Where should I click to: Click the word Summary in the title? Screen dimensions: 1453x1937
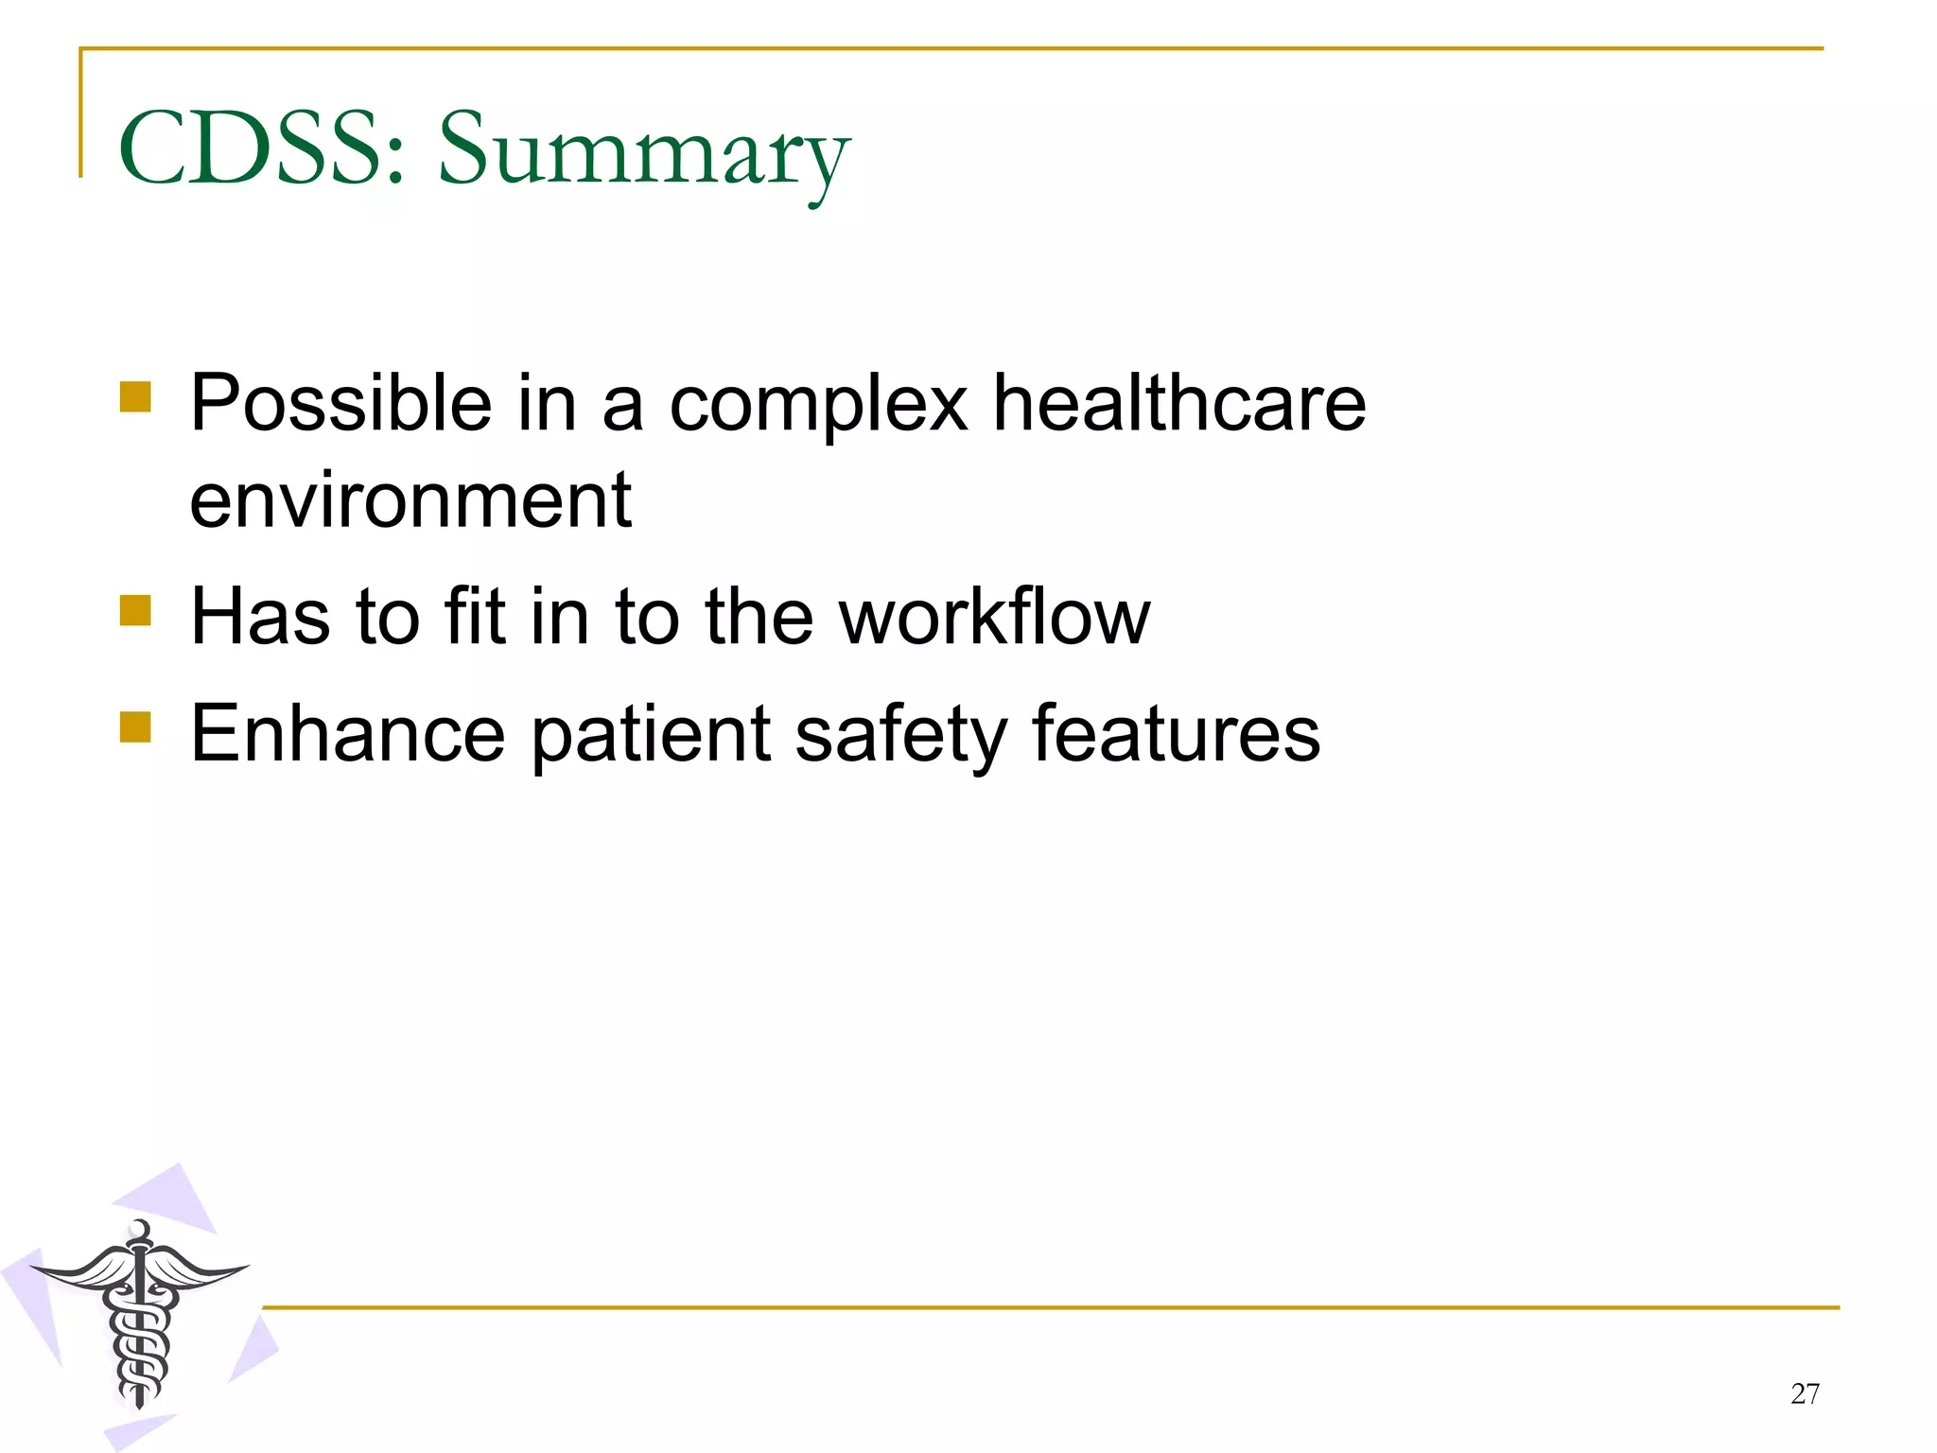pos(643,151)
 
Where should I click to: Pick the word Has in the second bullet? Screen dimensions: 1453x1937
pos(260,617)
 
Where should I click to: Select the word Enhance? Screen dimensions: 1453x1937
pos(347,734)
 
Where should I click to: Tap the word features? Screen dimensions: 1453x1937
pos(1176,734)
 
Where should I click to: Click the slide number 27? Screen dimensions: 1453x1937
pos(1805,1393)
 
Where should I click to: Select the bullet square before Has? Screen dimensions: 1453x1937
pos(135,610)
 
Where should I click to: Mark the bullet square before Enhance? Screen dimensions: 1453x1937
pos(135,727)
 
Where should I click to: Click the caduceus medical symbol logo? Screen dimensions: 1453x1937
pos(140,1315)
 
